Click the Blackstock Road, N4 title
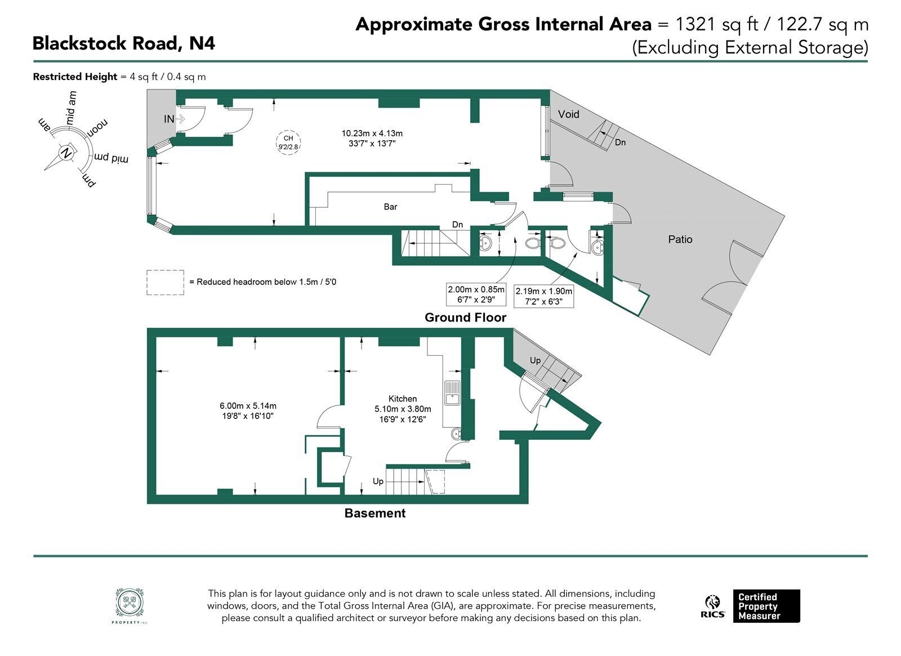click(123, 43)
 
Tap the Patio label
click(680, 239)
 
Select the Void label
click(568, 114)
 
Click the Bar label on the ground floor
click(390, 207)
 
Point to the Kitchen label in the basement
click(403, 399)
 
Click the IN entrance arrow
click(180, 119)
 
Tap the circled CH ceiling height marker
click(288, 142)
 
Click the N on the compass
click(65, 153)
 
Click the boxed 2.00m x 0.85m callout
click(476, 294)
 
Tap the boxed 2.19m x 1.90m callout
click(544, 296)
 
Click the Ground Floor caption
click(465, 318)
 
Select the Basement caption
click(375, 513)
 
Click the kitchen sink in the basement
click(452, 393)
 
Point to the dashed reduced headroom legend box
click(166, 282)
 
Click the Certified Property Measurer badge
click(766, 606)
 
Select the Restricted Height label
click(75, 77)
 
